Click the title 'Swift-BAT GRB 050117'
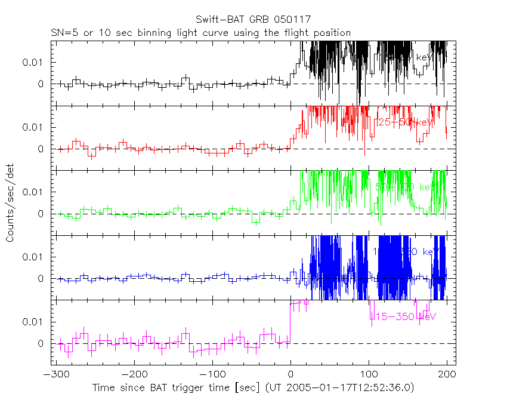(x=253, y=20)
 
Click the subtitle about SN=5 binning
(x=200, y=33)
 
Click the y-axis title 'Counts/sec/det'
(x=10, y=204)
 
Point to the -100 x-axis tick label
(x=212, y=374)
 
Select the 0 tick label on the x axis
(x=290, y=374)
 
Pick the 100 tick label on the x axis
(x=368, y=374)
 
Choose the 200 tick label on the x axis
(x=446, y=374)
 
